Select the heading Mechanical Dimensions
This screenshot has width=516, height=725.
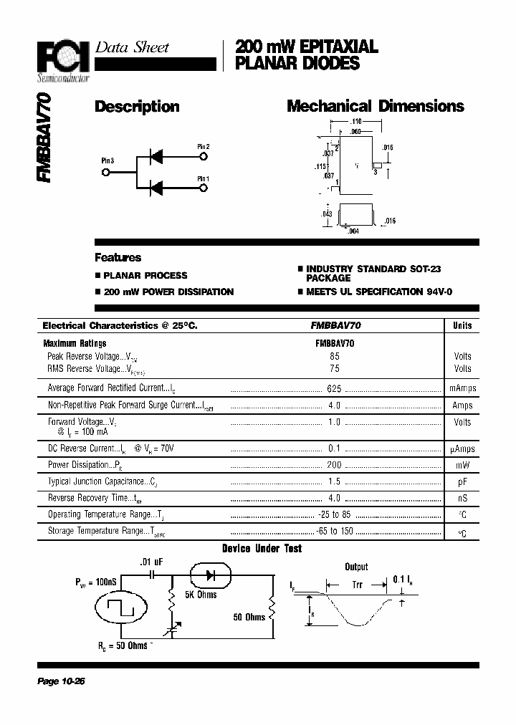click(375, 107)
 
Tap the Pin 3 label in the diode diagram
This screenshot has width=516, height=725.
click(107, 161)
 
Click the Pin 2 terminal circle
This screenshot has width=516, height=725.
click(204, 155)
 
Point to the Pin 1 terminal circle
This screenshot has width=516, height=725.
click(204, 188)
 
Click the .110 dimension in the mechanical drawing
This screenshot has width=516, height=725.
click(356, 123)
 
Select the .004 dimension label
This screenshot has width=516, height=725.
click(352, 231)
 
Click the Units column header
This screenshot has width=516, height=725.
click(462, 325)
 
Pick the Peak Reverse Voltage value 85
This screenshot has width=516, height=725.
click(335, 356)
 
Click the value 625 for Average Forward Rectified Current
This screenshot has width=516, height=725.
click(334, 388)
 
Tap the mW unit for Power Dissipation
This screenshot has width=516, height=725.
click(462, 465)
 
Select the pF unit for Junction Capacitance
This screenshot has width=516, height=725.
click(462, 481)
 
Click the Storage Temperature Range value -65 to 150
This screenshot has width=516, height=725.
click(335, 532)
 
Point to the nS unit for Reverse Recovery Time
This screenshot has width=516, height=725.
click(462, 498)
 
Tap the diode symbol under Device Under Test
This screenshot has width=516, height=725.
click(210, 575)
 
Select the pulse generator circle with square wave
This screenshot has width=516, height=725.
click(122, 610)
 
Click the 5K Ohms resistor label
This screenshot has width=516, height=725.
click(200, 594)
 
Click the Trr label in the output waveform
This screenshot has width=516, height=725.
click(357, 585)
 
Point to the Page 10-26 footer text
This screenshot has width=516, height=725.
click(61, 681)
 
